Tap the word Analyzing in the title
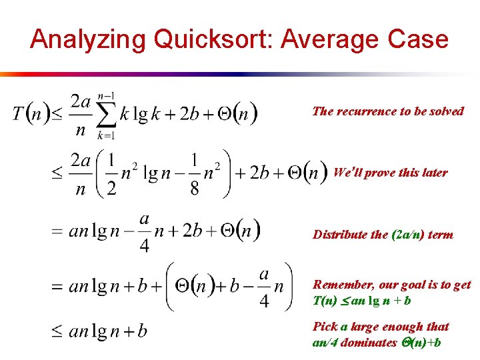(x=88, y=39)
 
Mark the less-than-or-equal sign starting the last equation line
(x=57, y=331)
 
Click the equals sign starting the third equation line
(x=57, y=232)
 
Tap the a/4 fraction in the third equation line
(x=145, y=231)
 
